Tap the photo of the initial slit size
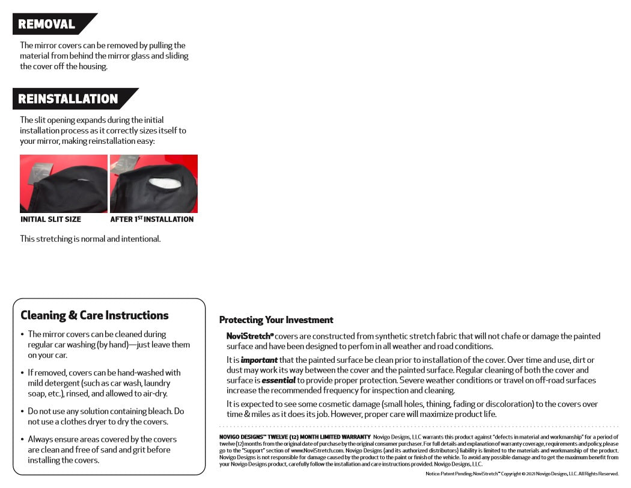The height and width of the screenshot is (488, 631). [x=63, y=184]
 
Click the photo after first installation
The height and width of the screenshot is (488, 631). [x=154, y=184]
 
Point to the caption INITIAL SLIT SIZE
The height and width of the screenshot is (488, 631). [x=50, y=220]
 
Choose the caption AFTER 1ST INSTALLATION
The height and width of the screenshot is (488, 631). [x=151, y=220]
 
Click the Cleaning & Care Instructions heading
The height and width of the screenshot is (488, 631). [x=94, y=315]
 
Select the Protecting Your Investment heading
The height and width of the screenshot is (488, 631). [x=276, y=320]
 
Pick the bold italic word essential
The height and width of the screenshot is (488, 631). [x=278, y=380]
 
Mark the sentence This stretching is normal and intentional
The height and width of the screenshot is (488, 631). [x=90, y=239]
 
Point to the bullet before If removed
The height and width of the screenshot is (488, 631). [x=22, y=373]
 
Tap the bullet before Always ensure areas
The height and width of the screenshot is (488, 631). [x=22, y=440]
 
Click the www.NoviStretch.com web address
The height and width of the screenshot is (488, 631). [x=314, y=451]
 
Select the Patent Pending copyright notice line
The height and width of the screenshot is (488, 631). [x=522, y=474]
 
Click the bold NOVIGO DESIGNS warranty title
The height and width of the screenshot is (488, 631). [x=294, y=436]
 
